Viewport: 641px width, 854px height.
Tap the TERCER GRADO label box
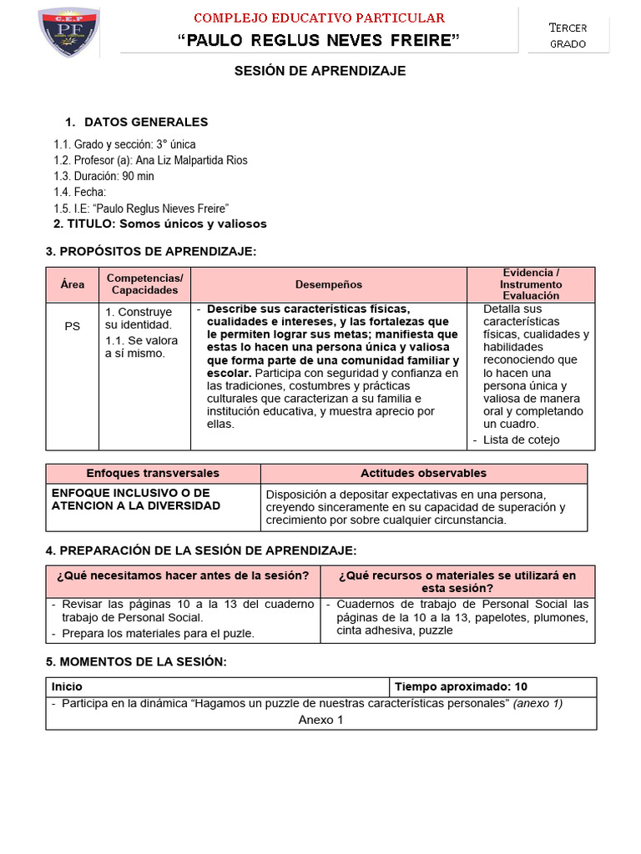pyautogui.click(x=568, y=35)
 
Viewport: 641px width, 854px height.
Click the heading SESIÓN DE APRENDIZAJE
pyautogui.click(x=320, y=71)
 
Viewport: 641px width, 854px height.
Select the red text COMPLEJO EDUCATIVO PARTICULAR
pyautogui.click(x=320, y=18)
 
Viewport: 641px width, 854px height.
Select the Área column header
pyautogui.click(x=73, y=284)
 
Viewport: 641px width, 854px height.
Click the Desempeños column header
pyautogui.click(x=329, y=284)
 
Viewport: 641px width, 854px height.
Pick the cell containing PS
pyautogui.click(x=73, y=326)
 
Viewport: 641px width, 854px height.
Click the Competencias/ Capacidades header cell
pyautogui.click(x=144, y=284)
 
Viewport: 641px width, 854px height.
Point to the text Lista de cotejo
pyautogui.click(x=522, y=440)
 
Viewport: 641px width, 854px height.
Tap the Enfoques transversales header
pyautogui.click(x=153, y=473)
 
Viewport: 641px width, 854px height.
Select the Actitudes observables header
pyautogui.click(x=423, y=473)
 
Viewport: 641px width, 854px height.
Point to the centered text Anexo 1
pyautogui.click(x=320, y=720)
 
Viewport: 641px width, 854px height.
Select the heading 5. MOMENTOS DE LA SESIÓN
pyautogui.click(x=136, y=661)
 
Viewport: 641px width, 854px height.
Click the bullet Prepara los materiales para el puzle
pyautogui.click(x=158, y=633)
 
